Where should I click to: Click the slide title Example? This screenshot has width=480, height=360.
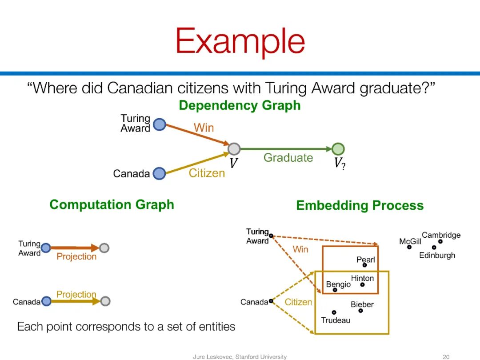240,41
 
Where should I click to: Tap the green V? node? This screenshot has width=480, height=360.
338,149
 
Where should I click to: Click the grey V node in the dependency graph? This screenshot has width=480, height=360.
234,149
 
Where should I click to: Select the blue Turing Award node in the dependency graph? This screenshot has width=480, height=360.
159,125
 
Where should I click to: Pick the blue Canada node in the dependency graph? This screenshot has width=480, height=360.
159,173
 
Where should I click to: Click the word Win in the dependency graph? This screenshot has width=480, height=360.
204,128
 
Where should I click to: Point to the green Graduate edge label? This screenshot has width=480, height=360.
288,158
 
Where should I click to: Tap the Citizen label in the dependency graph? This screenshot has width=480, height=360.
207,173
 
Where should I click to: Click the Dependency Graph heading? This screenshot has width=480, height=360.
240,105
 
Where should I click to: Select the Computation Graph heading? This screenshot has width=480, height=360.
112,204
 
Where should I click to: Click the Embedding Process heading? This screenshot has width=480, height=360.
360,205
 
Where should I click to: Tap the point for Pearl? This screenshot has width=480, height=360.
364,265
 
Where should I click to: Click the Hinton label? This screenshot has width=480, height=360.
362,278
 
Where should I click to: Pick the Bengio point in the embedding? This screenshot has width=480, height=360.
335,290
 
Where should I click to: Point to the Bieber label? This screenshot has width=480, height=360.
362,304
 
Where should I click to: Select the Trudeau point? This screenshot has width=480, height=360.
334,312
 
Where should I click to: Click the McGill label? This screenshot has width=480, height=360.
410,241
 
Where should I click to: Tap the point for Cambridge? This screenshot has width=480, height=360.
440,241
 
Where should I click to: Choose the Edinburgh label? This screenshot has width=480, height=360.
437,256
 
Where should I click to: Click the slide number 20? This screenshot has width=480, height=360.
446,356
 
